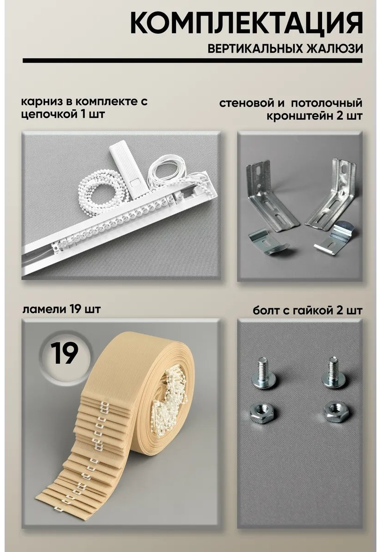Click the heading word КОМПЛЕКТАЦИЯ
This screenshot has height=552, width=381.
point(246,24)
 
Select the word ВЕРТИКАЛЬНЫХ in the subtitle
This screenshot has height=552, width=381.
point(255,49)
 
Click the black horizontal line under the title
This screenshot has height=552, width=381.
point(192,61)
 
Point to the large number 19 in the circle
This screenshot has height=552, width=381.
point(64,354)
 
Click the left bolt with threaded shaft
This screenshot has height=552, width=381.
point(263,373)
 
